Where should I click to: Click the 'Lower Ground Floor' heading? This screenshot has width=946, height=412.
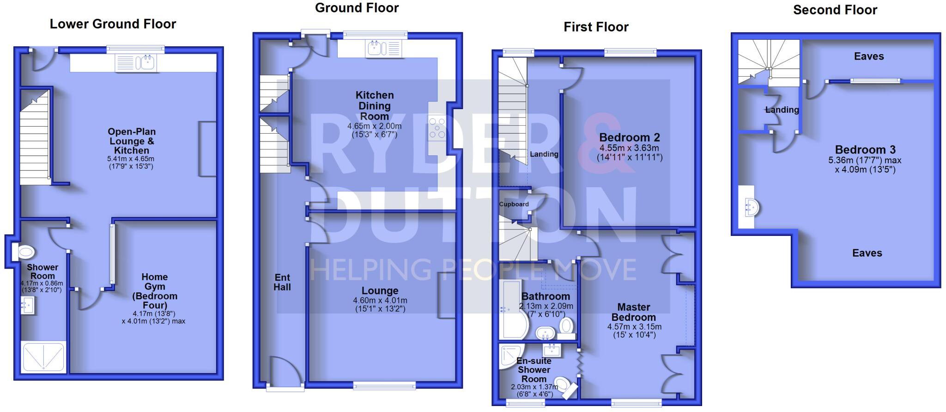113,24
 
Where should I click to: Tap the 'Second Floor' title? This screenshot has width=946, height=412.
835,10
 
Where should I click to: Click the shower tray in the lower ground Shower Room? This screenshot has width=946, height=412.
43,357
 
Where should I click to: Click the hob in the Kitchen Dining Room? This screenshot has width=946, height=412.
437,129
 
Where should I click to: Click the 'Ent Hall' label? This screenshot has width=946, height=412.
282,282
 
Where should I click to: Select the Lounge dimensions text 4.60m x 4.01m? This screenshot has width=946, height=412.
380,301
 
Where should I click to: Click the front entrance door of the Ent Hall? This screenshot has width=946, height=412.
285,372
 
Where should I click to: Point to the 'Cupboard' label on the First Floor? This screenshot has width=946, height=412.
514,204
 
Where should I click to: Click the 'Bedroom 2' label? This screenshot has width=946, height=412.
629,137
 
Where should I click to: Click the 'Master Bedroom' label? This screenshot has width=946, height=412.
633,312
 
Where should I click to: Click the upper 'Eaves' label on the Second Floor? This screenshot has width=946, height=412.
868,56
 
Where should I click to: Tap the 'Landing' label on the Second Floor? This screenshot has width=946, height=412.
782,110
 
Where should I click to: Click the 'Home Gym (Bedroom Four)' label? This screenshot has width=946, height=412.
154,291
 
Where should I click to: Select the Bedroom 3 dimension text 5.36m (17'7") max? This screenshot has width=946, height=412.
865,160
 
